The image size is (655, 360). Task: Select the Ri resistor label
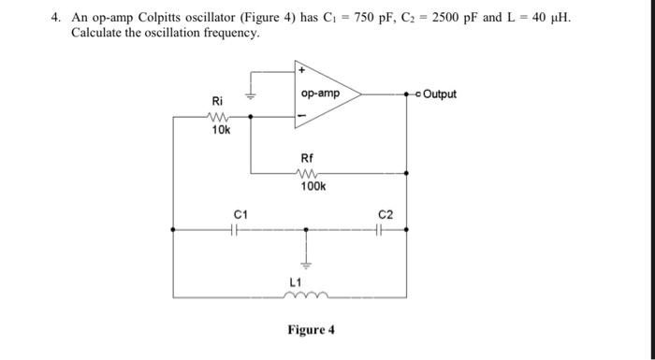tap(217, 101)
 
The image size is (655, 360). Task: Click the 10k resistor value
tap(221, 130)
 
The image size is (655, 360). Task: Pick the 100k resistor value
tap(313, 187)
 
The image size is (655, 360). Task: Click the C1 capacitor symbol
tap(240, 228)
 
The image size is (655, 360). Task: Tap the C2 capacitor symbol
tap(386, 228)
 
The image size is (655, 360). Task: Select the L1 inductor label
tap(296, 281)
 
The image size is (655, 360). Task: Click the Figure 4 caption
tap(312, 330)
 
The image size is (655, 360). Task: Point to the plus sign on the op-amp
tap(301, 70)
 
